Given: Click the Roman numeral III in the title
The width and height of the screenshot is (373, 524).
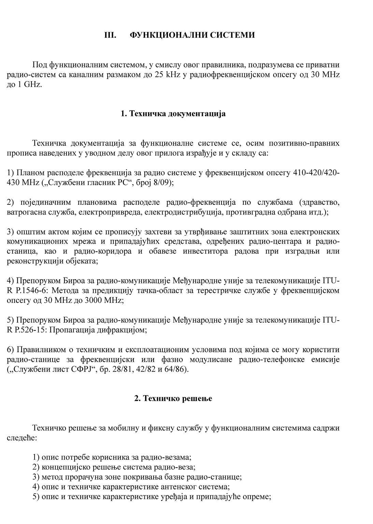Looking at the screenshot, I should pyautogui.click(x=110, y=35).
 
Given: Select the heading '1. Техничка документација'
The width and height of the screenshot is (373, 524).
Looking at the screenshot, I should pyautogui.click(x=173, y=114).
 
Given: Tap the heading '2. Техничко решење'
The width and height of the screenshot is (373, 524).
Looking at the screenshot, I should pyautogui.click(x=173, y=398).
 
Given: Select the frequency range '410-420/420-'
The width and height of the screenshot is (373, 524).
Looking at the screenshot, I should pyautogui.click(x=316, y=173).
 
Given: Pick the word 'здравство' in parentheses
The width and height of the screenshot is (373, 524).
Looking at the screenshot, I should pyautogui.click(x=319, y=202).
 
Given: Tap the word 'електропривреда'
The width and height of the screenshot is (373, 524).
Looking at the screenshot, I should pyautogui.click(x=111, y=212).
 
